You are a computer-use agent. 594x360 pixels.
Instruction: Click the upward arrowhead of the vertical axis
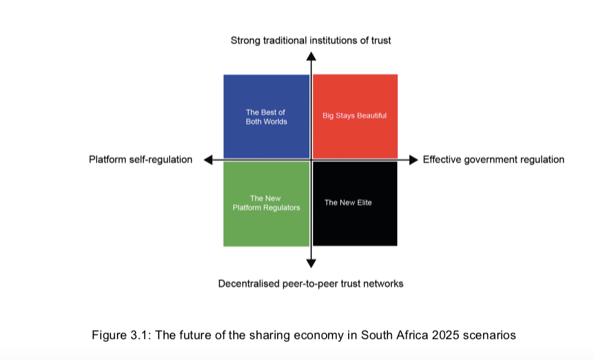coord(311,56)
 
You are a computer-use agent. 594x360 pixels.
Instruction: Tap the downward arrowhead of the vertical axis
coord(311,263)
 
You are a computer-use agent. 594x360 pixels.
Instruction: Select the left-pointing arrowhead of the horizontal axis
coord(208,160)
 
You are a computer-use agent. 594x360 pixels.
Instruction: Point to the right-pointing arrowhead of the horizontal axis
coord(414,160)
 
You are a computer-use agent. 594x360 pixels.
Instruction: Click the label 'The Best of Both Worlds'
coord(266,117)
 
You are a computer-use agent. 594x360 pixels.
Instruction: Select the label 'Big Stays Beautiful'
coord(354,116)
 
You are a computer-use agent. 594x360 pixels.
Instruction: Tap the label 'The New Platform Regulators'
coord(266,203)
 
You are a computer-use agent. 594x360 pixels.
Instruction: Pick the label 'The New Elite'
coord(348,203)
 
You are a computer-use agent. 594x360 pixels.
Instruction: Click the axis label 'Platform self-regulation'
coord(141,160)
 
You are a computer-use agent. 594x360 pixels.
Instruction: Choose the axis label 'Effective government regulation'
coord(494,160)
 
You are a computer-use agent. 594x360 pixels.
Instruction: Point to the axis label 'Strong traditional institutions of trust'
coord(311,41)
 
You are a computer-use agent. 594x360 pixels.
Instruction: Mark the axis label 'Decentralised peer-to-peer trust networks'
coord(311,284)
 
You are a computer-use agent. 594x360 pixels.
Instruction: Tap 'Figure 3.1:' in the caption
coord(121,335)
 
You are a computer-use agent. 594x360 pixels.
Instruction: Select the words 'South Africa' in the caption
coord(394,335)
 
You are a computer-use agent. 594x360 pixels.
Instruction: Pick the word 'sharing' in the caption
coord(272,335)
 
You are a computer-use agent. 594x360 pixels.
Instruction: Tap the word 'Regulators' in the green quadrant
coord(283,208)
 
